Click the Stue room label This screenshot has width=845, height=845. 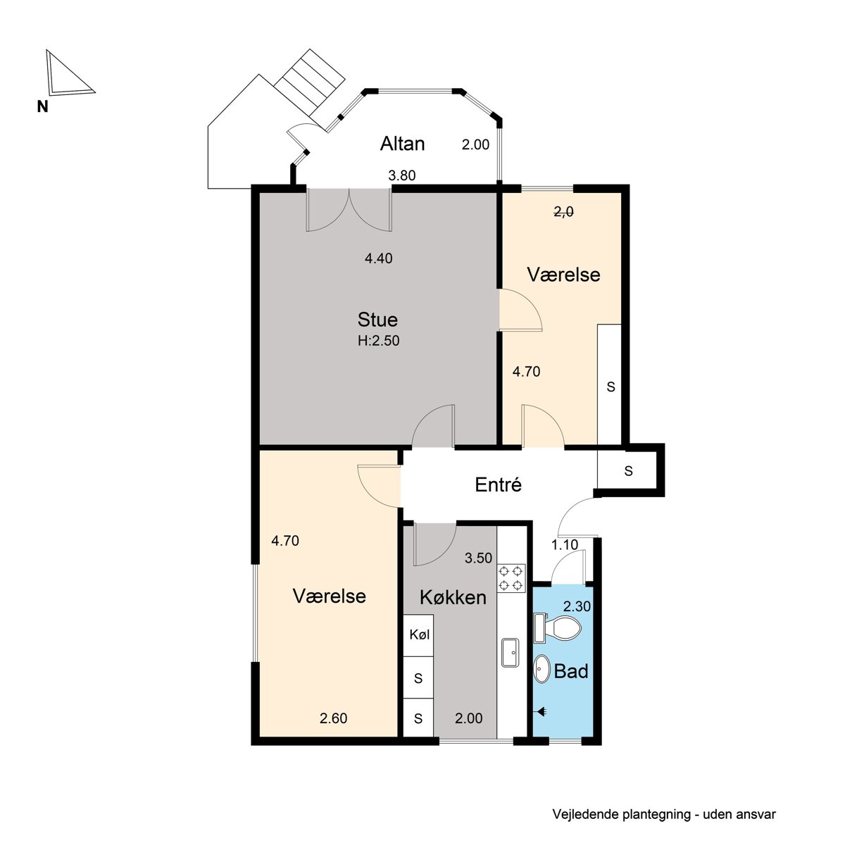tap(377, 320)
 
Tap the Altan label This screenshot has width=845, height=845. tap(402, 144)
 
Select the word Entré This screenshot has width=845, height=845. tap(498, 484)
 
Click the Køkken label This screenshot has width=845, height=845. tap(453, 597)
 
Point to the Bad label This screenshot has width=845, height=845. tap(570, 671)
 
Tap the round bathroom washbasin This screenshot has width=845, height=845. tap(542, 669)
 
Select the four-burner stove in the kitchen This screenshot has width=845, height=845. tap(511, 578)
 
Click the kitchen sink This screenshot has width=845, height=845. tap(511, 653)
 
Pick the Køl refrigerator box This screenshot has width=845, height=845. tap(419, 635)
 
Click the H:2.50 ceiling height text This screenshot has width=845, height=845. tap(378, 341)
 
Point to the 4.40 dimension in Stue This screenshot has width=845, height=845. tap(378, 258)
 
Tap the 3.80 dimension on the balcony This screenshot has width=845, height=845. tap(401, 175)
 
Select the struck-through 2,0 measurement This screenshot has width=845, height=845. tap(563, 212)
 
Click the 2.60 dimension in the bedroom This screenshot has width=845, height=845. tap(333, 718)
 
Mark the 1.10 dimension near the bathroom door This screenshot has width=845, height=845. tap(564, 544)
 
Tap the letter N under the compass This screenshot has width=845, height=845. tap(42, 106)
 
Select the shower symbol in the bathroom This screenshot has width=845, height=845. tap(541, 711)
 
